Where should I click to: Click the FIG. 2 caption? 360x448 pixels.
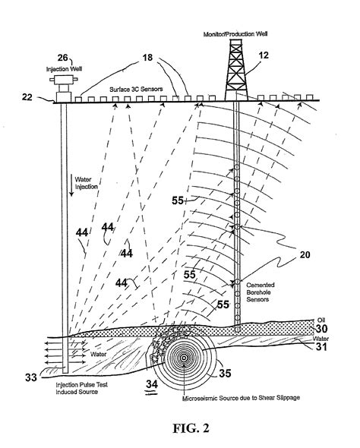pyautogui.click(x=180, y=427)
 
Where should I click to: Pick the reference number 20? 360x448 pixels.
pyautogui.click(x=305, y=257)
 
